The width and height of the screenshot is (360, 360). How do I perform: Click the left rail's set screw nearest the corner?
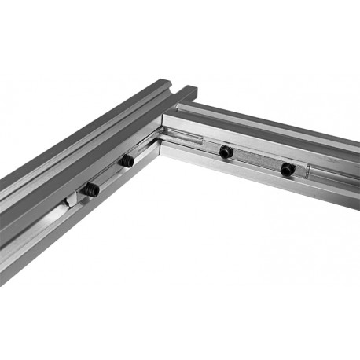pos(126,160)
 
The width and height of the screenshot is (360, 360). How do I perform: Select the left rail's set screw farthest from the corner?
pos(90,189)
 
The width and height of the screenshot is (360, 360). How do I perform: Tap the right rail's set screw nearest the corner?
pos(226,151)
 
